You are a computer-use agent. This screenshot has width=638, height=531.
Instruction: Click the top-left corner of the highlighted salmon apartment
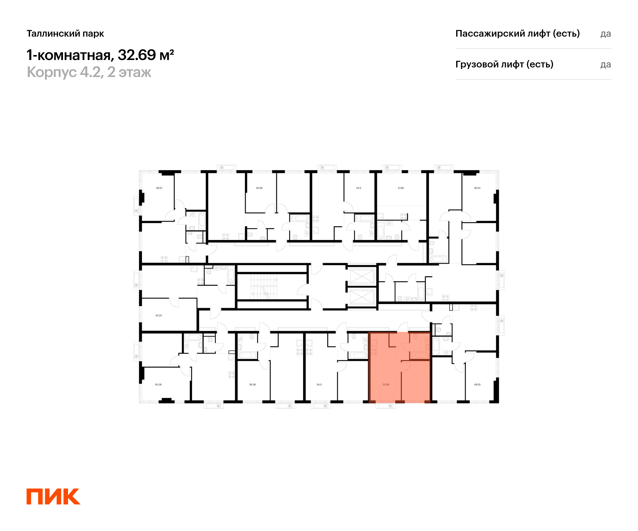368,332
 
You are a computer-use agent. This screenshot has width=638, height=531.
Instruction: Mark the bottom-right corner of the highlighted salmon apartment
430,403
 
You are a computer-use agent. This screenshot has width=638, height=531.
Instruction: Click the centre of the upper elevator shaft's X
362,276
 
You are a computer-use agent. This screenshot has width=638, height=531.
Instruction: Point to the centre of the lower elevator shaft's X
362,297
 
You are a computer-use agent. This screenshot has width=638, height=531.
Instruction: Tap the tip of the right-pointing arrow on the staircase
277,280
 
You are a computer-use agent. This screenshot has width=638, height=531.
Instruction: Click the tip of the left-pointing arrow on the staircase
251,294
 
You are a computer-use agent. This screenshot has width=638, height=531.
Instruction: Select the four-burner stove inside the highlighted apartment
374,352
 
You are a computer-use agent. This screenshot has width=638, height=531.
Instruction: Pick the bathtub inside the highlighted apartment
419,355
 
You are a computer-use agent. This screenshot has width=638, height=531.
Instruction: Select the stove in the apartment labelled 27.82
404,216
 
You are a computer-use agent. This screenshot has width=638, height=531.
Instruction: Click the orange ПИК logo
53,496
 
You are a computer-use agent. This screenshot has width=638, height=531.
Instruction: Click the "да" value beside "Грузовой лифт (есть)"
606,65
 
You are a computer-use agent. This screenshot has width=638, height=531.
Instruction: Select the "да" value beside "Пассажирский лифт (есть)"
606,34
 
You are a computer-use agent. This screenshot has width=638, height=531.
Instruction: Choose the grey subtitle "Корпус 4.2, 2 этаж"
89,72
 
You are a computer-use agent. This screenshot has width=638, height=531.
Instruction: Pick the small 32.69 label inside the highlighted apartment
386,385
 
